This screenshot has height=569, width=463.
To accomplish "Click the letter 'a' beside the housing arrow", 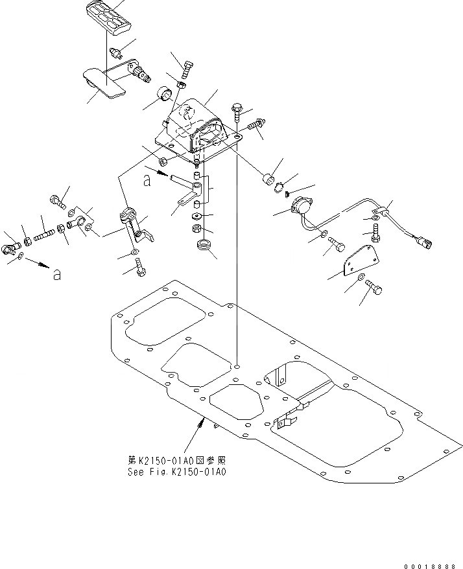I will point(148,182).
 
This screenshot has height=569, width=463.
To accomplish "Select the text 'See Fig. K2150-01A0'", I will point(176,472).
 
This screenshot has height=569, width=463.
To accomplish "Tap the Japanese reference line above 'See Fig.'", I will point(176,460).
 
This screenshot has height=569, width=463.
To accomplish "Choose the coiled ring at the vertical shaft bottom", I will point(204,248).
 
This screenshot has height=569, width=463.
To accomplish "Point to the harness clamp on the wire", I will point(380,210).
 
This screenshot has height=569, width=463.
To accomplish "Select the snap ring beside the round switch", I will point(279,190).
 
